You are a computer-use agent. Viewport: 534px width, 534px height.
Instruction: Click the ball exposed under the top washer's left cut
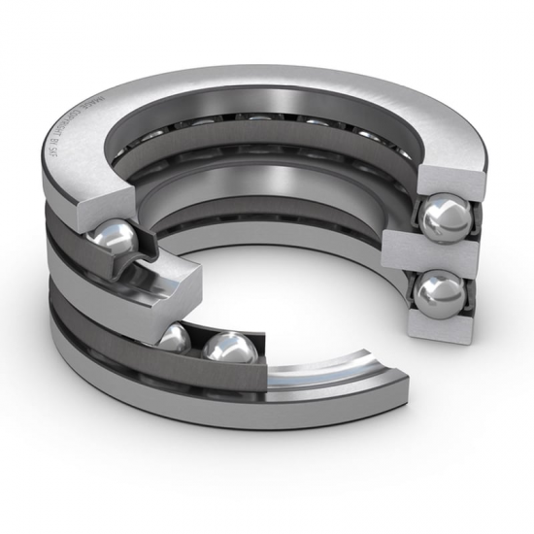pyautogui.click(x=116, y=237)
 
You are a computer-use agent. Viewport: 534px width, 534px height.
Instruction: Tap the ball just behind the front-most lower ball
pyautogui.click(x=175, y=338)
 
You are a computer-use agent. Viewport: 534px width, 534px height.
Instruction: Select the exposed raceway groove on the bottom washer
pyautogui.click(x=320, y=375)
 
